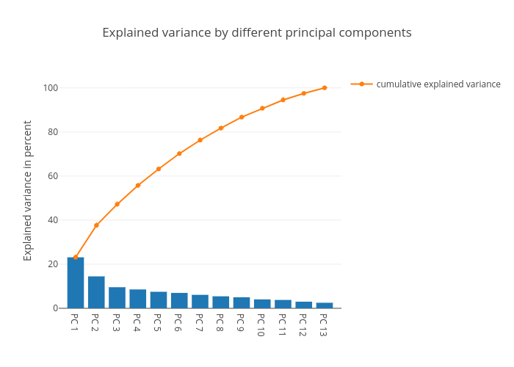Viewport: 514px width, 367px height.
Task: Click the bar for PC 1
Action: point(76,283)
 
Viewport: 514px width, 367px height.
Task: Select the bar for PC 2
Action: point(96,292)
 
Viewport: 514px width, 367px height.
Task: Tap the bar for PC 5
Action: point(159,300)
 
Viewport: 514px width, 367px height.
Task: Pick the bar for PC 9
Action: point(242,302)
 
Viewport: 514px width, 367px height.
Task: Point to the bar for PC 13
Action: point(325,305)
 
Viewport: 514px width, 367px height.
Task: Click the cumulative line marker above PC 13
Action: point(325,88)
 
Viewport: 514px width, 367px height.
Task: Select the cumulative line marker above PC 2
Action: point(96,225)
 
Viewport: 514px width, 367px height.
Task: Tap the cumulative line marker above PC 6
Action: point(179,153)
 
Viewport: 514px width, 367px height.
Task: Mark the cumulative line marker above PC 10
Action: point(262,108)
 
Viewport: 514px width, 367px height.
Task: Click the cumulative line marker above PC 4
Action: point(138,185)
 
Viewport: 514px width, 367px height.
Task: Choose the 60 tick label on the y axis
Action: point(53,176)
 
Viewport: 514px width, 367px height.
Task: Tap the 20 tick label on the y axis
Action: point(53,264)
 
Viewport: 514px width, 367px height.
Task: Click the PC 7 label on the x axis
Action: point(199,323)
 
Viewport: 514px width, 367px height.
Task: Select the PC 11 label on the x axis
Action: point(282,325)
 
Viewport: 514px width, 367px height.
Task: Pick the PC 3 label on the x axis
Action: point(116,323)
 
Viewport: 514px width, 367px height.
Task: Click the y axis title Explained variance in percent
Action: point(28,191)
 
